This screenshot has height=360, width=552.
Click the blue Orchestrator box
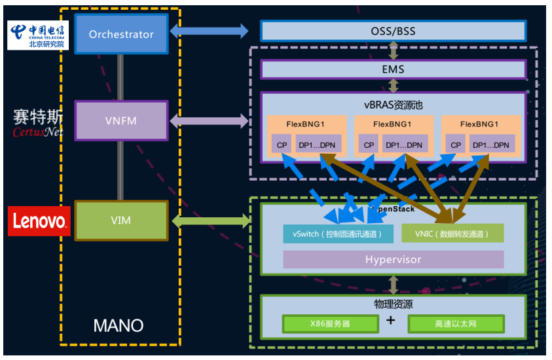click(x=121, y=34)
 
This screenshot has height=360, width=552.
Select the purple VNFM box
click(x=121, y=121)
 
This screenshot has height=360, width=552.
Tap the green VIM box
click(x=121, y=221)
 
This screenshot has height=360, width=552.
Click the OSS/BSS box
click(x=393, y=31)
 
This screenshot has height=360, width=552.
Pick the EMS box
click(x=393, y=69)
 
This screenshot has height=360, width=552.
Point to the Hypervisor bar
click(x=393, y=260)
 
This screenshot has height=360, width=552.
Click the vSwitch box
click(x=339, y=233)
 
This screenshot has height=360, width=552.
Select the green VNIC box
click(x=452, y=233)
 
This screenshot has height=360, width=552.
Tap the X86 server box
click(x=331, y=324)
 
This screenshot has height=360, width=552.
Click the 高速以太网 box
click(x=456, y=324)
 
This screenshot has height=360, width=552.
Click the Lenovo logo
click(x=39, y=221)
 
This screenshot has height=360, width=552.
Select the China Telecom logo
click(x=37, y=35)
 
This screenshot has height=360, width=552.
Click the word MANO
click(x=118, y=325)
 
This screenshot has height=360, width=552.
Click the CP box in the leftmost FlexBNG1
click(x=282, y=145)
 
